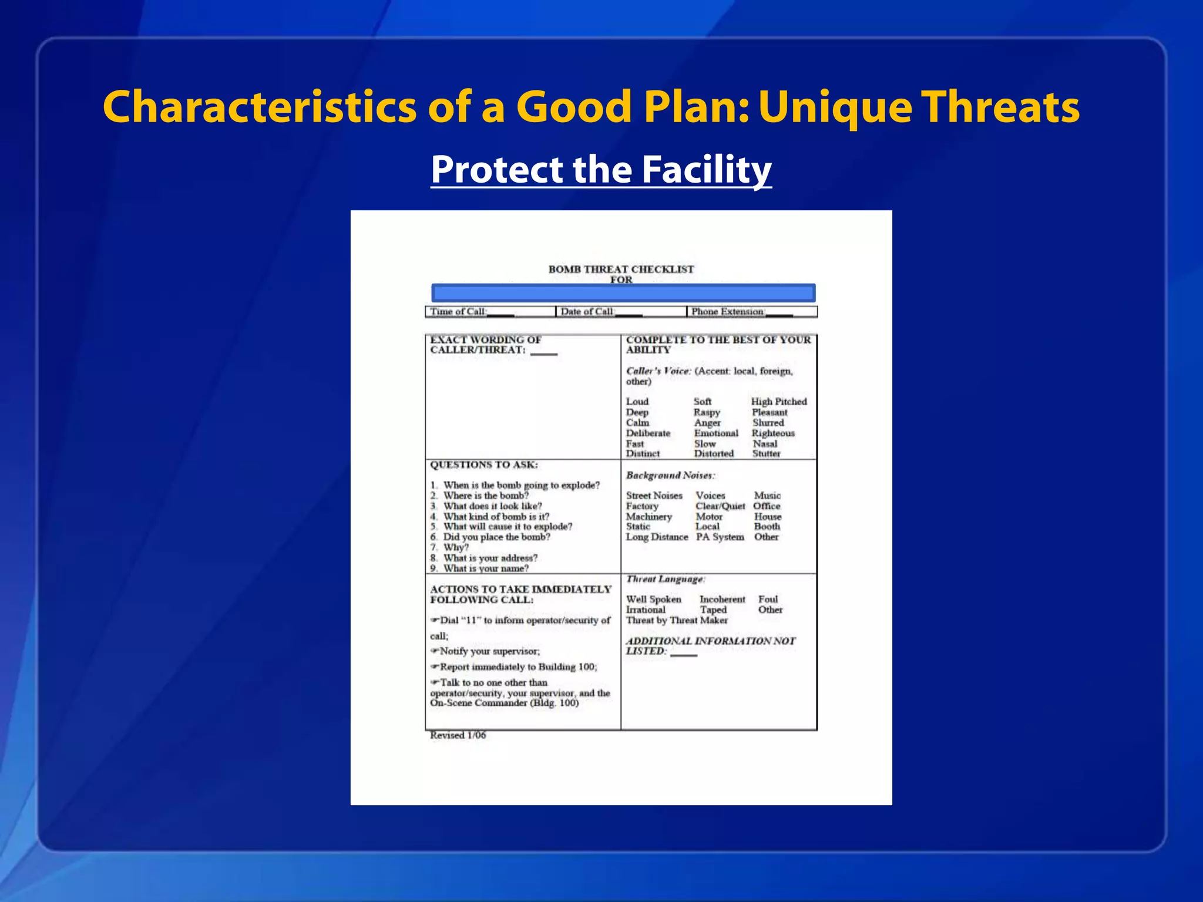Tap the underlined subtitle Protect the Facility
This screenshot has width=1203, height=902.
tap(601, 170)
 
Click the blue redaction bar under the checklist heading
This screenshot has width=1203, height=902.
tap(623, 293)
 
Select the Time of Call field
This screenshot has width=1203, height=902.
tap(472, 312)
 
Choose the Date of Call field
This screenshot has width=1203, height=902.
tap(601, 312)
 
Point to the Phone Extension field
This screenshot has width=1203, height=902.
tap(741, 312)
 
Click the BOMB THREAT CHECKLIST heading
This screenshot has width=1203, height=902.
tap(621, 270)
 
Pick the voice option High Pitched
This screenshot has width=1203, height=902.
tap(778, 402)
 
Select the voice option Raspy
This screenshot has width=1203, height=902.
tap(706, 412)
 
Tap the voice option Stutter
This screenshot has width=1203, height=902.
tap(766, 454)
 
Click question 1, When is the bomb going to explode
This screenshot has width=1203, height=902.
tap(520, 485)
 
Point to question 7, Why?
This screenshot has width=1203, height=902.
tap(455, 547)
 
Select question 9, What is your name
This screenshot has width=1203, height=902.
tap(485, 568)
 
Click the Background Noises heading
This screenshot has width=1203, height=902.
tap(670, 475)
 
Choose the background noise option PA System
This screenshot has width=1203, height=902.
tap(720, 537)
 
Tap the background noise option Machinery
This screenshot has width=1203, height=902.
tap(648, 517)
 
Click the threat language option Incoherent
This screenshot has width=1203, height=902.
tap(722, 600)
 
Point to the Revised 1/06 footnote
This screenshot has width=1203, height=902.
tap(458, 735)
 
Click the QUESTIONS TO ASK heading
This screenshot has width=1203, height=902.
tap(483, 465)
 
